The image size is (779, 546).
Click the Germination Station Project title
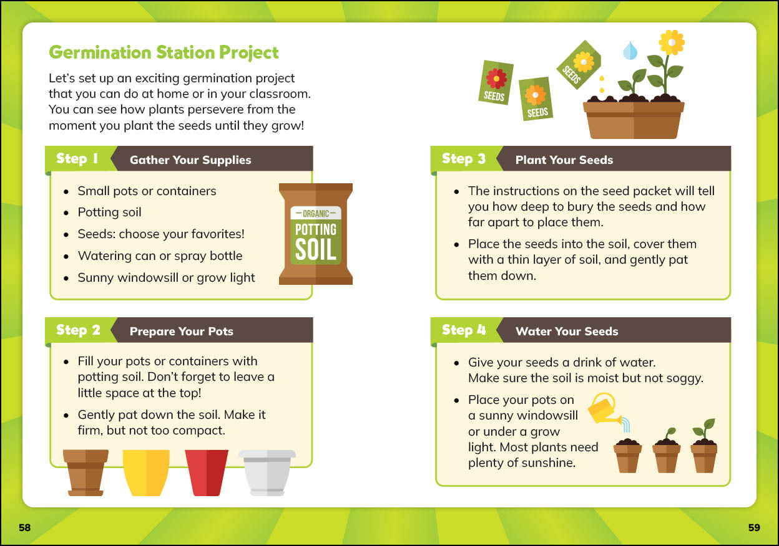(x=164, y=53)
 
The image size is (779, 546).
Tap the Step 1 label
(x=77, y=158)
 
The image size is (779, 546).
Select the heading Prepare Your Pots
(x=181, y=332)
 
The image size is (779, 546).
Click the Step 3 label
(x=464, y=158)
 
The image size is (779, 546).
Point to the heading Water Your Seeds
(x=567, y=332)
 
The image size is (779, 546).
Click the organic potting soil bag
(x=316, y=234)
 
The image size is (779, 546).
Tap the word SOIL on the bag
(x=316, y=249)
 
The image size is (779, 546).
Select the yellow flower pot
(x=146, y=472)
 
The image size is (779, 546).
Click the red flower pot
(x=207, y=472)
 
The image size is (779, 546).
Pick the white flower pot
(x=267, y=472)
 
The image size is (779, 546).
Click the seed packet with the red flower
(x=496, y=82)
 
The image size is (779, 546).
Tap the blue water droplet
(x=630, y=50)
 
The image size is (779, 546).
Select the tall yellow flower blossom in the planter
(x=671, y=42)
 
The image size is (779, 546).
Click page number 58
(x=25, y=527)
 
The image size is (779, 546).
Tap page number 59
(x=754, y=527)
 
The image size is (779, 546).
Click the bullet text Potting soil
(x=110, y=212)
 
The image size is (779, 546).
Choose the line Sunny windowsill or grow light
(x=166, y=278)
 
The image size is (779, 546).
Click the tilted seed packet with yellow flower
(x=579, y=65)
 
